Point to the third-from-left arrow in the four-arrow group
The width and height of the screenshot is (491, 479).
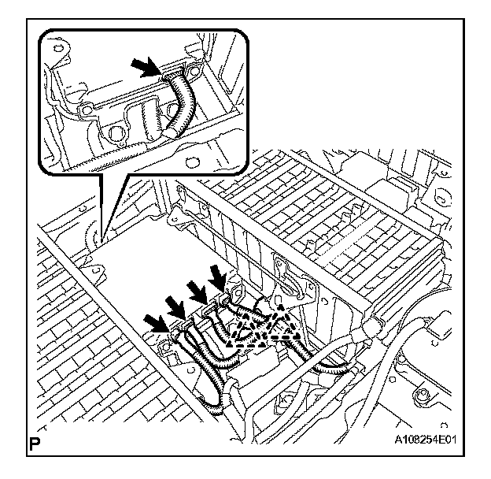[x=197, y=292]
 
